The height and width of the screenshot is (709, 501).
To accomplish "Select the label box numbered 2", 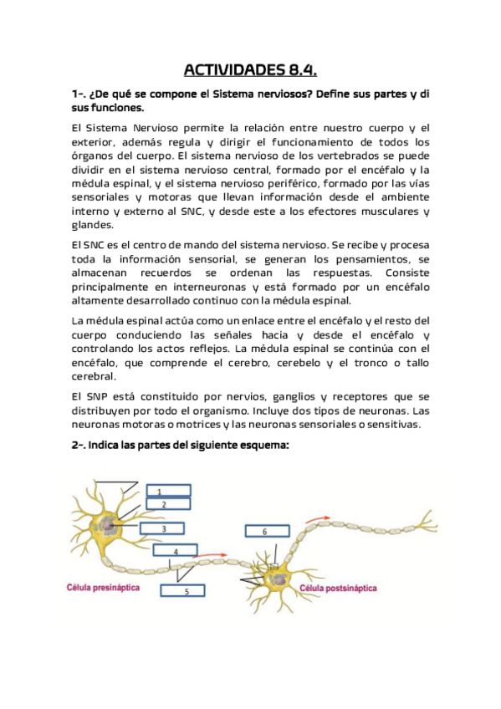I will click(167, 504).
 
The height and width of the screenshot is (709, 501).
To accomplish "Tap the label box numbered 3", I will click(161, 529).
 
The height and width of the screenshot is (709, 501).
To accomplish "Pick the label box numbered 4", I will click(176, 552).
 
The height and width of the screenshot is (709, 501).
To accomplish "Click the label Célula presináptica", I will click(103, 588).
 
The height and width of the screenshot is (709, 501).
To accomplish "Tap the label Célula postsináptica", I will click(338, 589).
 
